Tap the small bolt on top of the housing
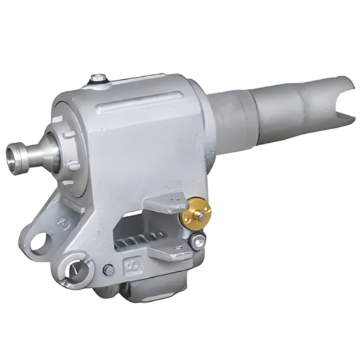pos(97,78)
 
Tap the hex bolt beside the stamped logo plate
pos(109,271)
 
